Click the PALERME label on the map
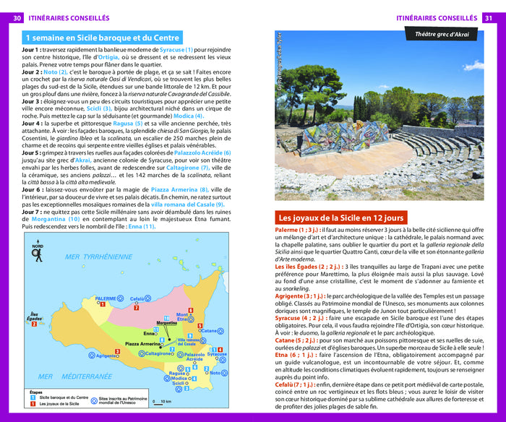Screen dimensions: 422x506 [x=106, y=298]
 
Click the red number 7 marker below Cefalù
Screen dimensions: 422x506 [x=137, y=308]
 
